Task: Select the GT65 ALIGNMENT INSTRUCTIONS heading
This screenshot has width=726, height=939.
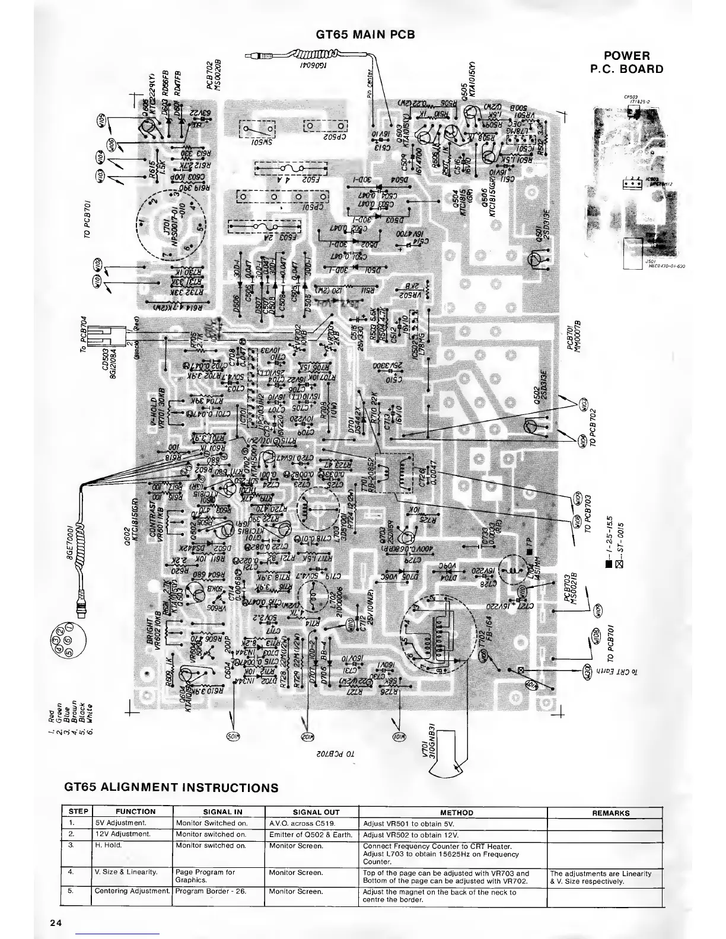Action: (171, 788)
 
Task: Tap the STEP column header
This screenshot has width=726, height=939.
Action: (78, 812)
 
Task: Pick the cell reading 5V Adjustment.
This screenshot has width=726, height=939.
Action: (116, 823)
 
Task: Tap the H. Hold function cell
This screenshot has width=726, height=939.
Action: (108, 845)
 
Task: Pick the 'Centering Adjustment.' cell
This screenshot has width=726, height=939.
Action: (132, 891)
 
